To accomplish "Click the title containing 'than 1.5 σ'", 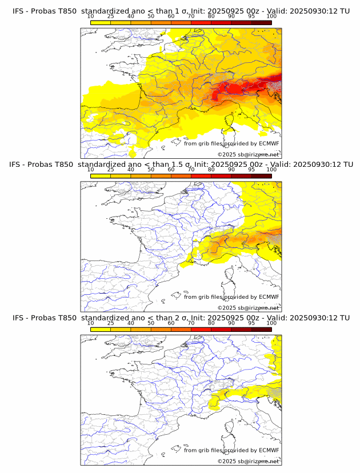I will coord(181,164).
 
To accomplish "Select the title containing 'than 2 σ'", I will coord(181,318).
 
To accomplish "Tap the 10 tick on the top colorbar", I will coord(91,17).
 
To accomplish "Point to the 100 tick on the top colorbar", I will coord(271,17).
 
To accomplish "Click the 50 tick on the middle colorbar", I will coord(151,170).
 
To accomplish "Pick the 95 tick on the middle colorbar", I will coord(251,170).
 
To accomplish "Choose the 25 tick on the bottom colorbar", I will coord(111,323).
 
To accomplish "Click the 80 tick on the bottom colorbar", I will coord(211,323).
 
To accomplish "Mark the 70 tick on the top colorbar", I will coord(191,17).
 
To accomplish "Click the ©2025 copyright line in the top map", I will coord(248,154).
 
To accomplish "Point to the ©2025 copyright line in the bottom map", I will coord(248,461).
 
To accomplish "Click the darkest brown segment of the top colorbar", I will coord(261,22).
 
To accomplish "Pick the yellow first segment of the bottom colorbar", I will coord(101,329).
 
